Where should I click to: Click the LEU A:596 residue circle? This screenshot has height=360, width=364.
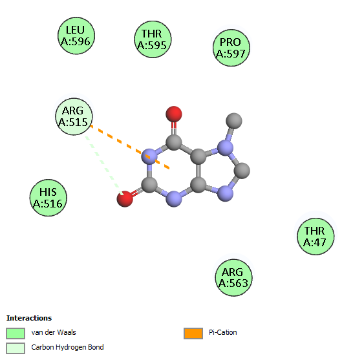click(76, 36)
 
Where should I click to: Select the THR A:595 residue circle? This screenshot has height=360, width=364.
click(153, 39)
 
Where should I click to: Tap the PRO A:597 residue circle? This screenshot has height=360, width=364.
click(231, 48)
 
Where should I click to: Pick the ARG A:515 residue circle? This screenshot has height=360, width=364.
click(74, 116)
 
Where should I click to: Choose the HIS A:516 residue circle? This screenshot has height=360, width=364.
click(48, 198)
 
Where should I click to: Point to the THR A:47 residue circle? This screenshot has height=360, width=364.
click(316, 237)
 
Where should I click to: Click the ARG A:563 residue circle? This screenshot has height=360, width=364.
click(234, 278)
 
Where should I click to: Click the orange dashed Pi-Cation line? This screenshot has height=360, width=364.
click(130, 147)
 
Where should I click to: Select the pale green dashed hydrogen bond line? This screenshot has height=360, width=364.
click(104, 165)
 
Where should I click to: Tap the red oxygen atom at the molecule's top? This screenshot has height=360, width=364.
click(174, 114)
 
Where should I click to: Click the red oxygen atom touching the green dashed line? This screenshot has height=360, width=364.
click(125, 198)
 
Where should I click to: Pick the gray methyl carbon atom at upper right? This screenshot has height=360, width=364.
click(234, 121)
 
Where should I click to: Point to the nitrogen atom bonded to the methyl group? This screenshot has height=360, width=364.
click(225, 148)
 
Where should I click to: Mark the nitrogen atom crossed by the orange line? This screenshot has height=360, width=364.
click(149, 156)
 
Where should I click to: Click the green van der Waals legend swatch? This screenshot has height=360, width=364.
click(16, 334)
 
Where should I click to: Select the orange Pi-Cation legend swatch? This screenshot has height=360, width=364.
click(193, 334)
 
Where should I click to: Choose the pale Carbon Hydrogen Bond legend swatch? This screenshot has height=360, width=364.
click(16, 348)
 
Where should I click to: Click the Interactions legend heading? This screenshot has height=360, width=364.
click(29, 318)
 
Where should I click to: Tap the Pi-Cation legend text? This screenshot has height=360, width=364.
click(223, 332)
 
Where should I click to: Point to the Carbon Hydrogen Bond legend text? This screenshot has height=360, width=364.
click(67, 348)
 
